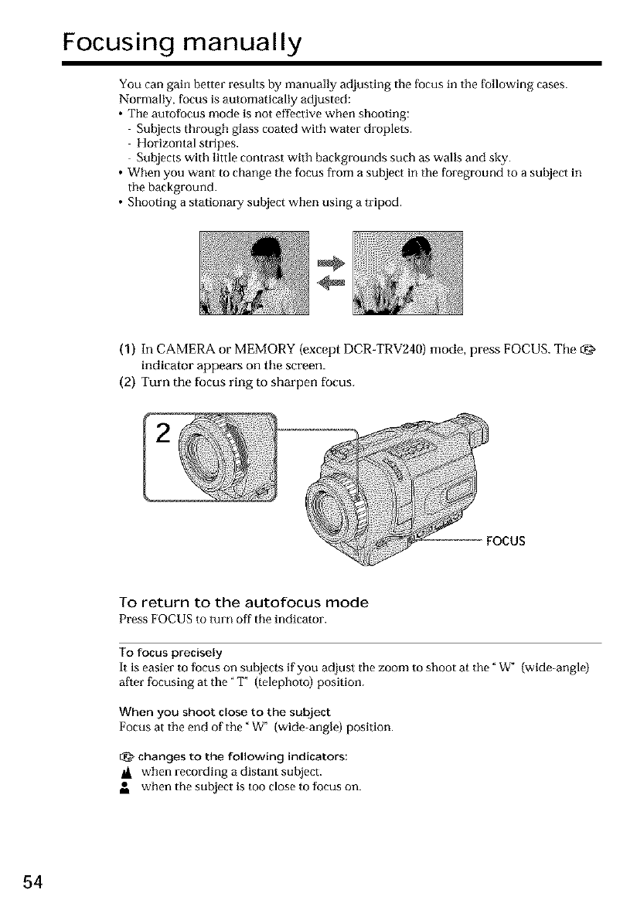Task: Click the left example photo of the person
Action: pyautogui.click(x=254, y=273)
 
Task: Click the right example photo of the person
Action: pyautogui.click(x=407, y=273)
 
